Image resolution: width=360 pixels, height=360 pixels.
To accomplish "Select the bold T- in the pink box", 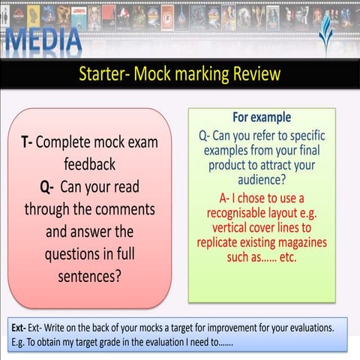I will pos(25,142).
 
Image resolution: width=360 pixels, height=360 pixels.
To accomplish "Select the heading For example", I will pos(262,118).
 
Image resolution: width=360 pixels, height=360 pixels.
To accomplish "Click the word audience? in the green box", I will pos(262,181).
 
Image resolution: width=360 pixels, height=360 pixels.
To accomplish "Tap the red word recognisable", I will pos(238,212).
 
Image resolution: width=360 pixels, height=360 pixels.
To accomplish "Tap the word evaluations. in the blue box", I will pos(319,328).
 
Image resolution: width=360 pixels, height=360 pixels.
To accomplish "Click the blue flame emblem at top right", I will pos(323,34).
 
